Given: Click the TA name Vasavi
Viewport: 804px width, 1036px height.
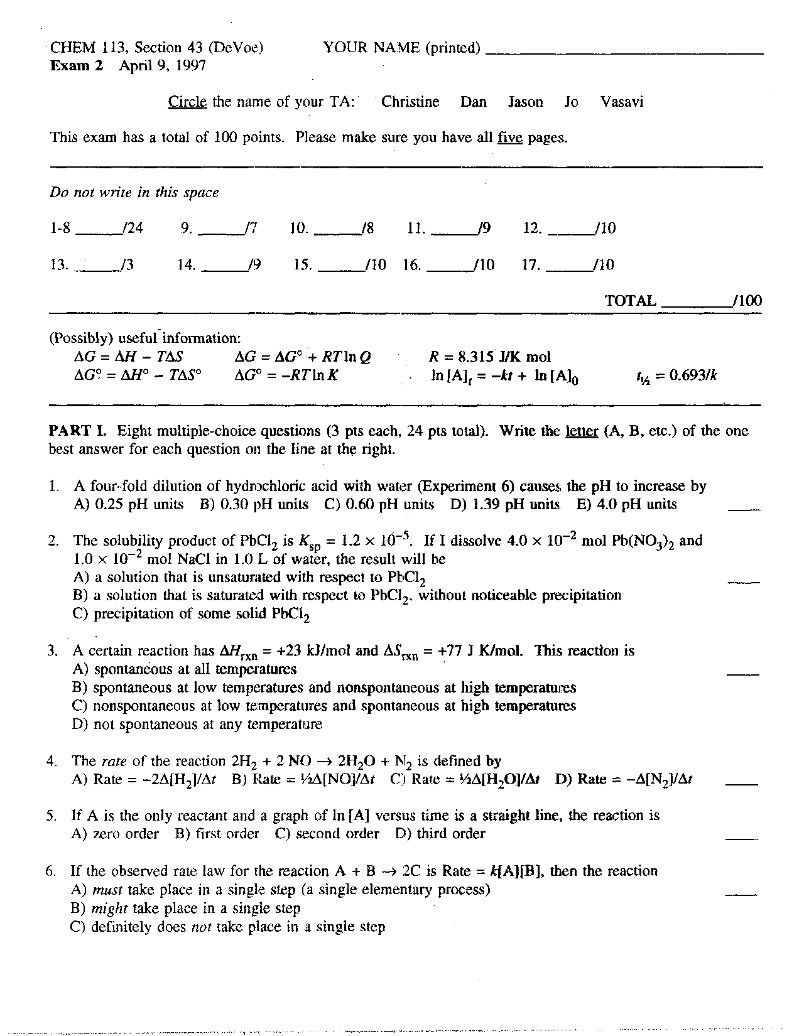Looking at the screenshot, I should point(621,102).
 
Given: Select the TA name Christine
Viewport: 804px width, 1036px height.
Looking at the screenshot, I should point(410,102).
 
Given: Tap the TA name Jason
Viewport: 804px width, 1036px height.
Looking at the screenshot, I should point(525,102).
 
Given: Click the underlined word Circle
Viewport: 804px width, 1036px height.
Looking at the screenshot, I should point(187,102).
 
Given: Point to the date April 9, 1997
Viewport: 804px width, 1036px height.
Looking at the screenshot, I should point(163,66).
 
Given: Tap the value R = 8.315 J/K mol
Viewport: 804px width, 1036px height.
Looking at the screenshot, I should point(489,357).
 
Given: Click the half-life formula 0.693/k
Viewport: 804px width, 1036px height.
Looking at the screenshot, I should point(676,376).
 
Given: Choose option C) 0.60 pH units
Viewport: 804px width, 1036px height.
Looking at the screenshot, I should point(379,504).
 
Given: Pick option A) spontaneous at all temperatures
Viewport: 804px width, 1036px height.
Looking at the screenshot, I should point(185,669).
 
